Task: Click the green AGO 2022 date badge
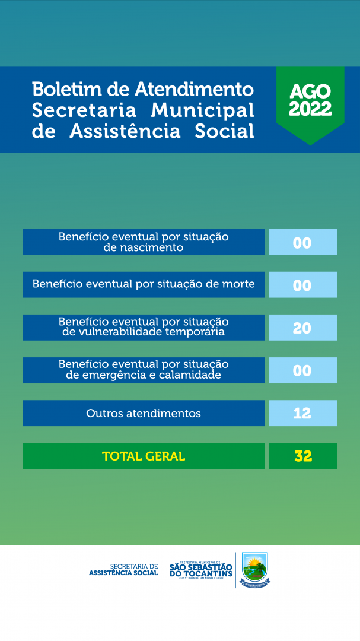[x=310, y=100]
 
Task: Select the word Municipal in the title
[x=202, y=110]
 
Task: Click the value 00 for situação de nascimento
[x=302, y=242]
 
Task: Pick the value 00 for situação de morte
[x=302, y=285]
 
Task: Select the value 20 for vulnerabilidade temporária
[x=302, y=328]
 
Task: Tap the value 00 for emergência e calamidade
[x=302, y=370]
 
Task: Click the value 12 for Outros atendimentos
[x=302, y=413]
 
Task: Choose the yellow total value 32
[x=303, y=456]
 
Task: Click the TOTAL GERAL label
[x=144, y=456]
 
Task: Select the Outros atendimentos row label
[x=144, y=413]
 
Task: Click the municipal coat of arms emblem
[x=255, y=569]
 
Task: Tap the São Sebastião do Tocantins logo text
[x=200, y=570]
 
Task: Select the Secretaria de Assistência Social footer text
[x=123, y=570]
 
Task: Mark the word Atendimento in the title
[x=194, y=90]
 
